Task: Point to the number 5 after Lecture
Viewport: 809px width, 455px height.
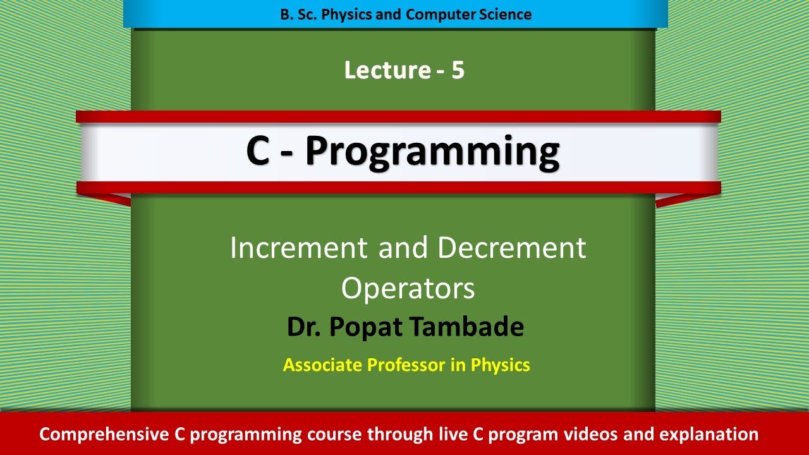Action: pyautogui.click(x=458, y=71)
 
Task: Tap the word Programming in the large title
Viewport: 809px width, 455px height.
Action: pyautogui.click(x=432, y=152)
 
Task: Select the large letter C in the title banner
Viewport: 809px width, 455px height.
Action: pyautogui.click(x=258, y=152)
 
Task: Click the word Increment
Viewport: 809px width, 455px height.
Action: pyautogui.click(x=300, y=248)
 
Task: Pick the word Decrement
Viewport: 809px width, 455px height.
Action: pyautogui.click(x=512, y=248)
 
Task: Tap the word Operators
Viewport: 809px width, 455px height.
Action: pyautogui.click(x=408, y=289)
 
